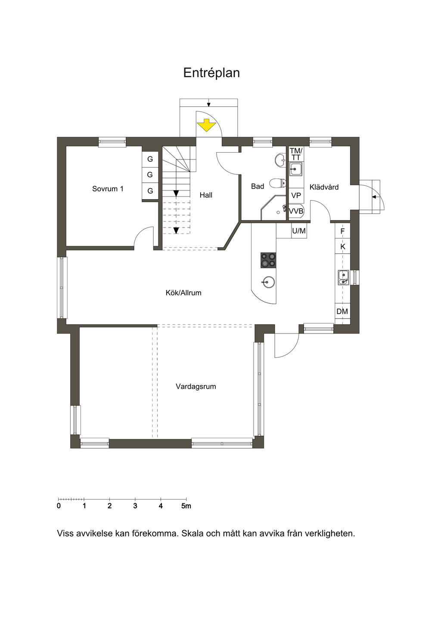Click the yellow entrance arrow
coord(206,125)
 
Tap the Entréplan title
coord(211,73)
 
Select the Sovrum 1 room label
coord(108,189)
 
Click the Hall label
coord(206,195)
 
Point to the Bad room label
coord(258,186)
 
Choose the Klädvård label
coord(324,187)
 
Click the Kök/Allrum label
coord(183,293)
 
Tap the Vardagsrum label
coord(196,387)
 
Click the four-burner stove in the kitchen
coord(268,260)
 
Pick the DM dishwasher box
coord(342,312)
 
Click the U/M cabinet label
coord(299,231)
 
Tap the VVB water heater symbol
coord(296,211)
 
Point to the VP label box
coord(296,196)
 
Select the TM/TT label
coord(296,154)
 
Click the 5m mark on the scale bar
coord(186,506)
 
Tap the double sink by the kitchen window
coord(343,278)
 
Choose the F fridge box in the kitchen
coord(343,231)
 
